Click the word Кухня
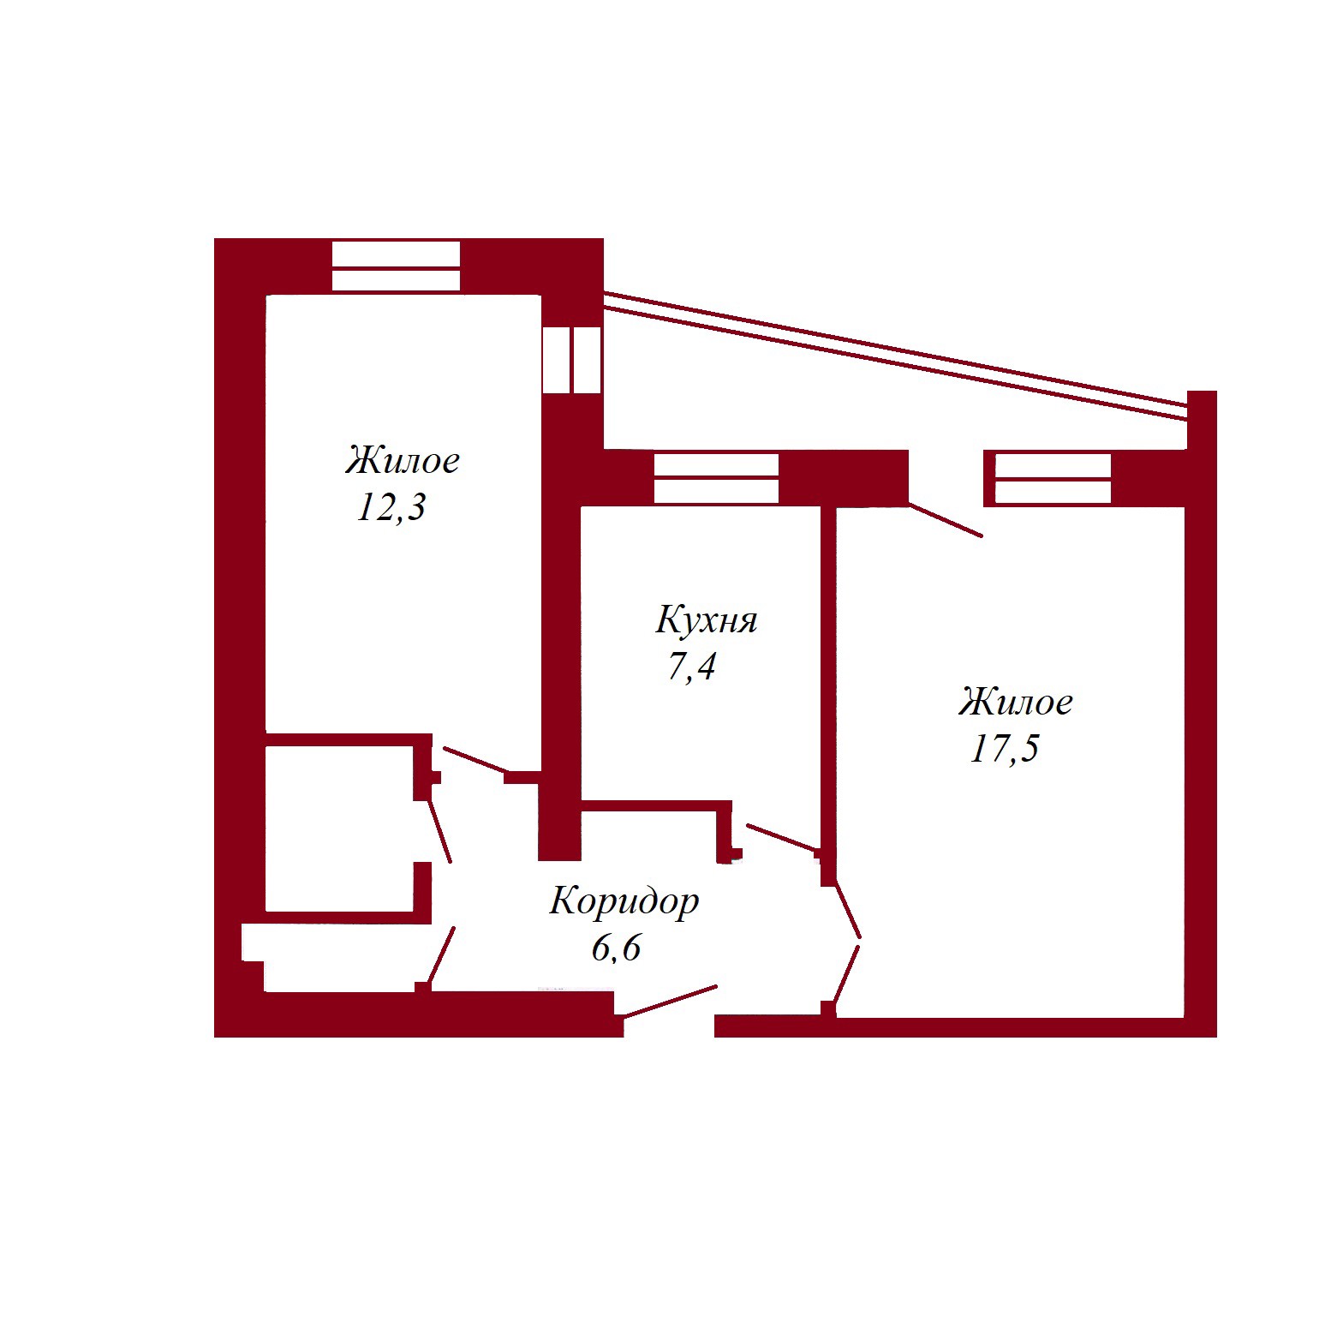[x=707, y=620]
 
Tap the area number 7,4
[x=691, y=666]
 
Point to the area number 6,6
[x=617, y=948]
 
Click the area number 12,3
[x=391, y=507]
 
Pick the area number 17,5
[x=1004, y=748]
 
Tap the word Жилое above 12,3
[x=403, y=460]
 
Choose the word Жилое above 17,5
[x=1016, y=702]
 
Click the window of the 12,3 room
[x=396, y=266]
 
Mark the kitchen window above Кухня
[x=716, y=478]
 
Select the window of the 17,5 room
[x=1053, y=478]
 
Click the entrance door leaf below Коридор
[x=670, y=1002]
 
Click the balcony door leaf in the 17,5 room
[x=946, y=520]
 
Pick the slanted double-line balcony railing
[x=895, y=356]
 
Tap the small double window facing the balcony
[x=571, y=360]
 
